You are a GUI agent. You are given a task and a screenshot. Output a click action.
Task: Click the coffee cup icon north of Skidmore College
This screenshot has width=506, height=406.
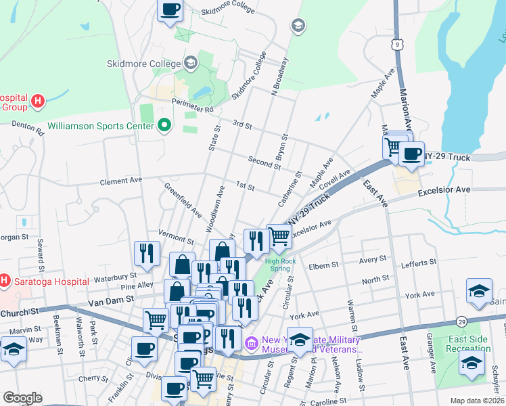pyautogui.click(x=170, y=10)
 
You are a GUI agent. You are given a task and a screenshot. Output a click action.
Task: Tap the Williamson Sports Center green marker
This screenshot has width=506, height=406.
pyautogui.click(x=163, y=125)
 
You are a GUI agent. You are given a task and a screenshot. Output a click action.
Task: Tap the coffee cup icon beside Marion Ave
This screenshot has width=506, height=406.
pyautogui.click(x=411, y=154)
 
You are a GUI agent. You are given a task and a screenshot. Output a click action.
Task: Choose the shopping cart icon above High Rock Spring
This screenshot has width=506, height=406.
pyautogui.click(x=279, y=236)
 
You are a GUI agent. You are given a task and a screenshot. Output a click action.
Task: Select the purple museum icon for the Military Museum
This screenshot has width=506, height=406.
pyautogui.click(x=252, y=344)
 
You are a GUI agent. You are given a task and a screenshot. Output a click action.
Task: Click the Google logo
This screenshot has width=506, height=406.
pyautogui.click(x=22, y=398)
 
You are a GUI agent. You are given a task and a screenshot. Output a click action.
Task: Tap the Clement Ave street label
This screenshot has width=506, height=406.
pyautogui.click(x=121, y=181)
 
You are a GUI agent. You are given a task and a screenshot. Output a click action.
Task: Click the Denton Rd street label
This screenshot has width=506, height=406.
pyautogui.click(x=27, y=127)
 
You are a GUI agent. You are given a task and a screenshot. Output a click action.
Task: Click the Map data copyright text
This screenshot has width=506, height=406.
pyautogui.click(x=476, y=400)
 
